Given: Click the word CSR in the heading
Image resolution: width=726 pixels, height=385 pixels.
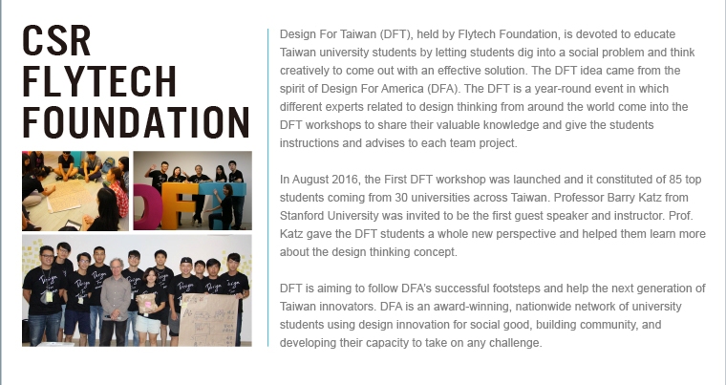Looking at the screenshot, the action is click(56, 41).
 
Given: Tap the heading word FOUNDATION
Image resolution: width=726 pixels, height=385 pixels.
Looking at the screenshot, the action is click(136, 122).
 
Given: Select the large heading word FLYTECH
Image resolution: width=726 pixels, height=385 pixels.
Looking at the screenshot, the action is click(99, 81).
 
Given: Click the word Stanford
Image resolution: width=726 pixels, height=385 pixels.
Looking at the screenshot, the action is click(301, 216).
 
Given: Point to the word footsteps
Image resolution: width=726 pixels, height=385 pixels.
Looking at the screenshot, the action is click(516, 289).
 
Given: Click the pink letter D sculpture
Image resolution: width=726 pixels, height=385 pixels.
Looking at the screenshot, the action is click(148, 206).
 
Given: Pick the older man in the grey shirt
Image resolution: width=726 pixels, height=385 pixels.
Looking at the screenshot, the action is click(115, 302).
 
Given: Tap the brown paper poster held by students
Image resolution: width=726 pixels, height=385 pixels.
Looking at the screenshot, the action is click(208, 320).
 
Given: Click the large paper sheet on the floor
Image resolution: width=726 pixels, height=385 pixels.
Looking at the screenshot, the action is click(71, 195).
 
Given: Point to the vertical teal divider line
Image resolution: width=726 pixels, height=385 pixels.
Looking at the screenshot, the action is click(267, 187).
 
